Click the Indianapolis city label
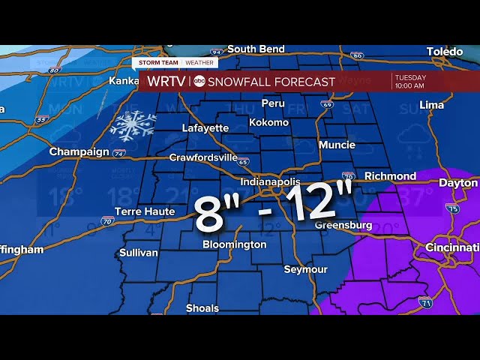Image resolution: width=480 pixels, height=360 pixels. pyautogui.click(x=270, y=182)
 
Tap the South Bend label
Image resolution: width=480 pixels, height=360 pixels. pyautogui.click(x=256, y=49)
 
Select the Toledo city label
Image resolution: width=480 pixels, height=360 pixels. pyautogui.click(x=445, y=52)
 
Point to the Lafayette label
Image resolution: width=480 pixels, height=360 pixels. pyautogui.click(x=205, y=128)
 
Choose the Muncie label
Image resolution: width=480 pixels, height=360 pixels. pyautogui.click(x=337, y=145)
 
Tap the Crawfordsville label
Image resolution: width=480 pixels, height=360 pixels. pyautogui.click(x=203, y=158)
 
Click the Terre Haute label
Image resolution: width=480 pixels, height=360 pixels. pyautogui.click(x=144, y=211)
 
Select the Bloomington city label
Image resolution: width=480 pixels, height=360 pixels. pyautogui.click(x=234, y=244)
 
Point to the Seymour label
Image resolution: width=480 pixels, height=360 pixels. pyautogui.click(x=305, y=269)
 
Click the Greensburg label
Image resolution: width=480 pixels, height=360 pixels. pyautogui.click(x=343, y=225)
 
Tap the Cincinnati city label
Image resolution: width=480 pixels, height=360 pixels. pyautogui.click(x=451, y=247)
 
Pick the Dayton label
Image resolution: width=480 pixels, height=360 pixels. pyautogui.click(x=459, y=183)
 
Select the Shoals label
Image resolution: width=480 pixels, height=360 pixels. pyautogui.click(x=202, y=308)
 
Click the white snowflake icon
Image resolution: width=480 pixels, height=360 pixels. pyautogui.click(x=133, y=126)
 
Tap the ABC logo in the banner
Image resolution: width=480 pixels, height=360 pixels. pyautogui.click(x=199, y=82)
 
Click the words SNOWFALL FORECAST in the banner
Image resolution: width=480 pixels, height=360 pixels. pyautogui.click(x=271, y=82)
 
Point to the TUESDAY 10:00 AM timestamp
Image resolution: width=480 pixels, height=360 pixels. pyautogui.click(x=410, y=81)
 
